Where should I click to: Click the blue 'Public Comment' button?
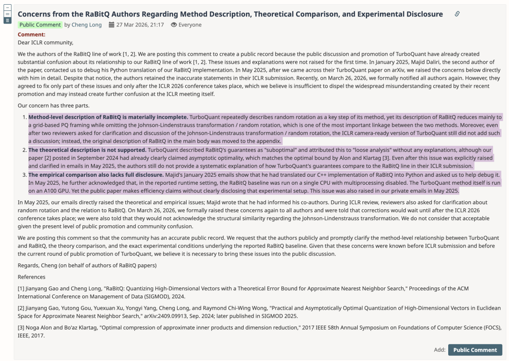pyautogui.click(x=475, y=350)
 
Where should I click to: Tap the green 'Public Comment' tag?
pyautogui.click(x=40, y=25)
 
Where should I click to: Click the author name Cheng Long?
pyautogui.click(x=86, y=25)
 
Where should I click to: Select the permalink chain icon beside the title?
pyautogui.click(x=457, y=14)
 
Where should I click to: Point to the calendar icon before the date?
pyautogui.click(x=111, y=25)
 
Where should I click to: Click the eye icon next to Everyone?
pyautogui.click(x=173, y=25)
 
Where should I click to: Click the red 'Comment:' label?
pyautogui.click(x=32, y=34)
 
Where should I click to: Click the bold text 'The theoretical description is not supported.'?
pyautogui.click(x=87, y=150)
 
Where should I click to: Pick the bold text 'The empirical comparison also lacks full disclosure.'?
pyautogui.click(x=96, y=174)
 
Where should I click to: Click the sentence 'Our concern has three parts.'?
pyautogui.click(x=53, y=106)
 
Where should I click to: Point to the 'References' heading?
pyautogui.click(x=32, y=277)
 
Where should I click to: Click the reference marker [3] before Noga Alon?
pyautogui.click(x=22, y=328)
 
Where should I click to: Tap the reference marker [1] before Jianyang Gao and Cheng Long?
pyautogui.click(x=22, y=288)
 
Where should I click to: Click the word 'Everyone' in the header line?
pyautogui.click(x=190, y=25)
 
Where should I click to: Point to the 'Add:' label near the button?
pyautogui.click(x=439, y=350)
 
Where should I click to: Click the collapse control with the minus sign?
pyautogui.click(x=7, y=8)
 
